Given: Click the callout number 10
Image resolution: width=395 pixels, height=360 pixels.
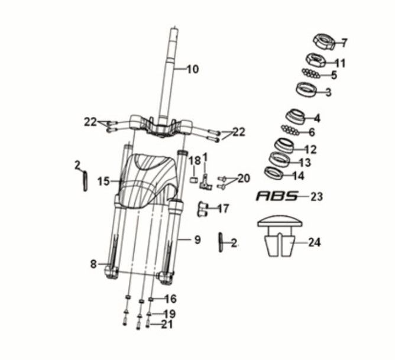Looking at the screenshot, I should pyautogui.click(x=192, y=69).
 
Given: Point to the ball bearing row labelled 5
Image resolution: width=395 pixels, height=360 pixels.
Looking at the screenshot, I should pyautogui.click(x=311, y=73).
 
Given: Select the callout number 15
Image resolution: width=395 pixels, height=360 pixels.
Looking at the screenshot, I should pyautogui.click(x=103, y=181).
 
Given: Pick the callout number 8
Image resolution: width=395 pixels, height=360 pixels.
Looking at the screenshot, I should pyautogui.click(x=93, y=264).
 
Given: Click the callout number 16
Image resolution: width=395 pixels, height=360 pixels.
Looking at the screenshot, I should pyautogui.click(x=170, y=299).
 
